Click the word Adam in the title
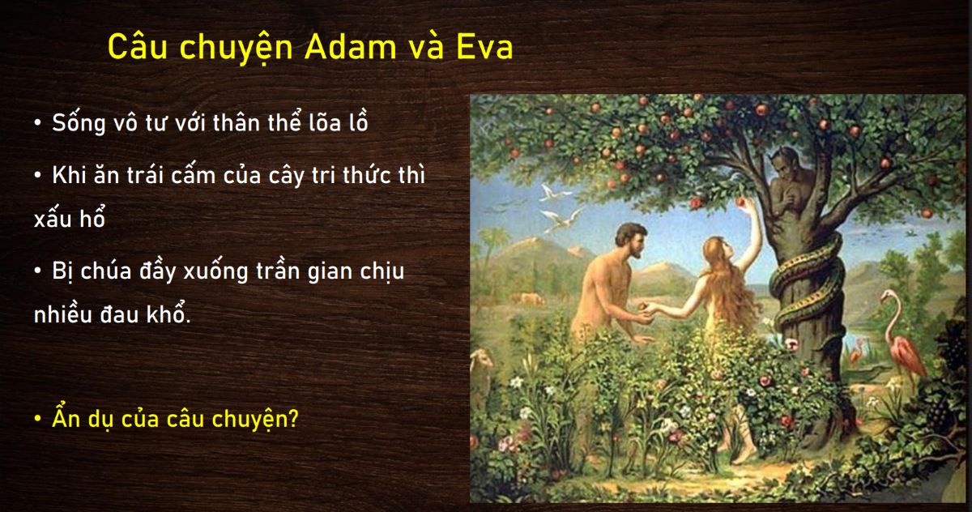pyautogui.click(x=351, y=47)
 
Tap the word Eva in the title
pyautogui.click(x=484, y=47)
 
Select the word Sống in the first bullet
pyautogui.click(x=79, y=123)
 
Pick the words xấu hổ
pyautogui.click(x=70, y=218)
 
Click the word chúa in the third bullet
pyautogui.click(x=106, y=271)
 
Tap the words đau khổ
pyautogui.click(x=145, y=314)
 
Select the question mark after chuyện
pyautogui.click(x=293, y=418)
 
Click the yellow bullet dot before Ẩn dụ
pyautogui.click(x=38, y=419)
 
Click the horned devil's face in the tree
pyautogui.click(x=782, y=163)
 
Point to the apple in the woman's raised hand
pyautogui.click(x=740, y=202)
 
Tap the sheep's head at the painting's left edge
pyautogui.click(x=480, y=361)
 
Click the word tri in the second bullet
pyautogui.click(x=323, y=174)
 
